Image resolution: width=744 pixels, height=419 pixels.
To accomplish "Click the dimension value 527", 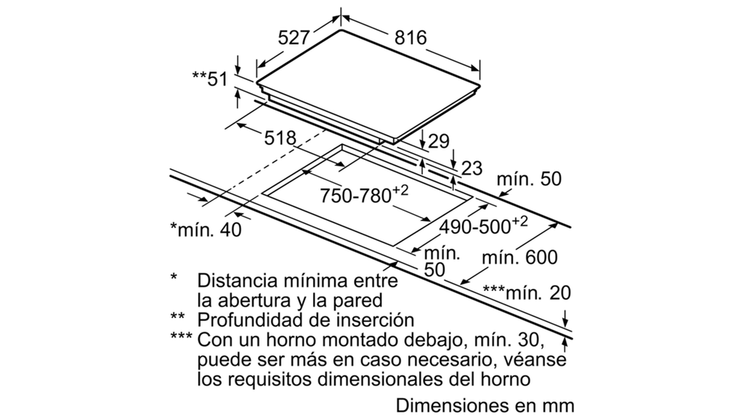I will [294, 38].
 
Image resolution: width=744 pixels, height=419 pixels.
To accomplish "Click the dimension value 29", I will [439, 142].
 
